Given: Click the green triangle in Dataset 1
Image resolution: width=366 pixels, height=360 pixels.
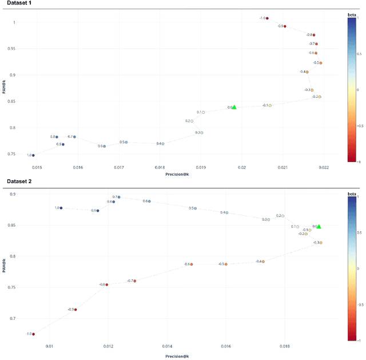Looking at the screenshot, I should point(234,107).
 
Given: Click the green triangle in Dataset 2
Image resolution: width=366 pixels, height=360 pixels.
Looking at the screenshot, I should point(319,227).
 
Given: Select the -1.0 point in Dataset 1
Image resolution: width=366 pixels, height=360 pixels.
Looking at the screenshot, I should point(267,18).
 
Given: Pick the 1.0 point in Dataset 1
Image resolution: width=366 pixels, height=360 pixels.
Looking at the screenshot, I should point(33,155).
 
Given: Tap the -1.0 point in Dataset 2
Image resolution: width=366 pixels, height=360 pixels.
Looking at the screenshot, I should point(33,334).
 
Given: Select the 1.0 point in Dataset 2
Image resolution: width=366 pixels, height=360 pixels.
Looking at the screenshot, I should point(61,208).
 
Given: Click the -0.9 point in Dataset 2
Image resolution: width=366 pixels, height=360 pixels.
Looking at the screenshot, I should point(75,310).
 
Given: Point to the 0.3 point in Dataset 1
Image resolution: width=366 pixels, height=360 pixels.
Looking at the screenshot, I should point(202,133).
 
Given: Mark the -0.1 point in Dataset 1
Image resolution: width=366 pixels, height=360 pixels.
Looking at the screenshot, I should point(270,105).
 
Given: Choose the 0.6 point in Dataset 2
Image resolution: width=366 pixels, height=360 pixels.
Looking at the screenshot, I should point(150,201).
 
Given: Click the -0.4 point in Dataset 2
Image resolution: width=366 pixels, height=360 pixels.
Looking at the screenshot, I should point(263,262).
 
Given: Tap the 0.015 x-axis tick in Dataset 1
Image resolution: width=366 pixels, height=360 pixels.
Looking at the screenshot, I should point(37,167).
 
